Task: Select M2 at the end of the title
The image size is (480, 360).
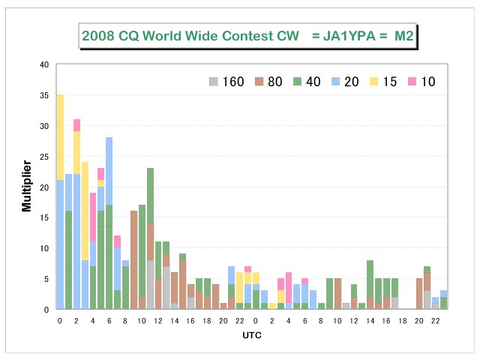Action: [404, 36]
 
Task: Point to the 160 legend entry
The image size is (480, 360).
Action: [226, 82]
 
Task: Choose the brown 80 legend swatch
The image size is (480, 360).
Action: [259, 82]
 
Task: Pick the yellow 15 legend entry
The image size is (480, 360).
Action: [383, 82]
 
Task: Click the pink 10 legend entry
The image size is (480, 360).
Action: [421, 82]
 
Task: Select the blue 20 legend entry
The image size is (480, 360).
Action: [345, 82]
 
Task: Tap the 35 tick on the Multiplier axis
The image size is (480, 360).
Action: [44, 95]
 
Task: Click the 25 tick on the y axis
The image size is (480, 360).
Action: [44, 157]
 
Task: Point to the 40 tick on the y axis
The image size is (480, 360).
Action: [44, 64]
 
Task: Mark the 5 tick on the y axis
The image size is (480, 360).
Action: [46, 279]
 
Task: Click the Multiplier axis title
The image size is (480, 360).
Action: [27, 186]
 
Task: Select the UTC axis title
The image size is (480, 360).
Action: [252, 335]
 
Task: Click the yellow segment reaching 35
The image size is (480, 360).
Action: [60, 137]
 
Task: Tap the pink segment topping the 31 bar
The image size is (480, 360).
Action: [76, 125]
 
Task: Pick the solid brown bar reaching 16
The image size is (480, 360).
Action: [133, 260]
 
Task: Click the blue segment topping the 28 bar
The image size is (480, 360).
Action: [109, 172]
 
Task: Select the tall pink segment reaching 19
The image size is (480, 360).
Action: [93, 217]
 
